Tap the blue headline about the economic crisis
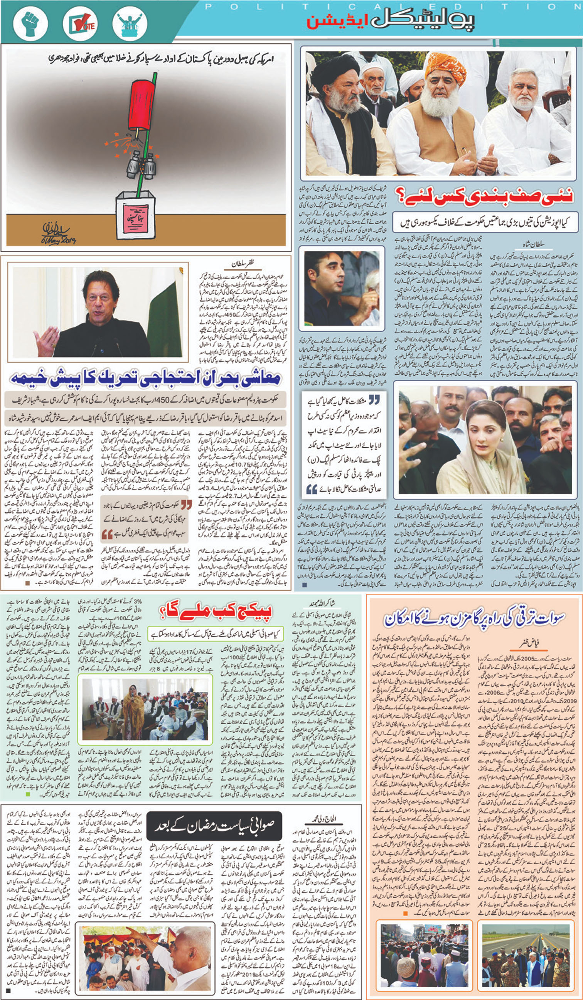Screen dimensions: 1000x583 pos(145,378)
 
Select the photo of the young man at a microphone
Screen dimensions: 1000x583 pos(342,289)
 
